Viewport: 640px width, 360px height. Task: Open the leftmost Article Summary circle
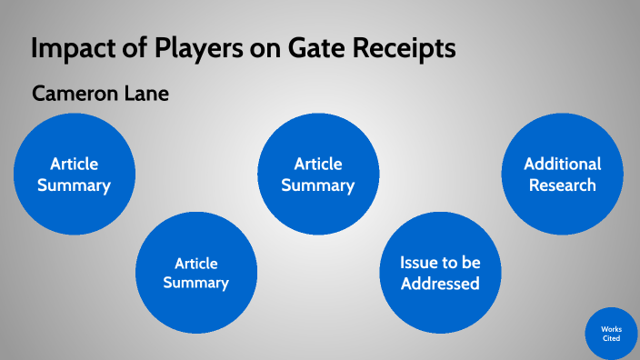[75, 175]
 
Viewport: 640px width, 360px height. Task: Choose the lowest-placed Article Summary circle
[195, 273]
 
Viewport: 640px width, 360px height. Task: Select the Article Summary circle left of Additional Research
[317, 175]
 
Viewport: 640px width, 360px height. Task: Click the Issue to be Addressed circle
[440, 273]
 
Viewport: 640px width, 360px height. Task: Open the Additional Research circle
[562, 175]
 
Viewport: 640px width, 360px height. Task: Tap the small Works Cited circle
[611, 333]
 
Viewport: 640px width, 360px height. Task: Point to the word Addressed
[440, 284]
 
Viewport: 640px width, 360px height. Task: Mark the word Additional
[562, 164]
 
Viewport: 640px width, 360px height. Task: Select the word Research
[562, 185]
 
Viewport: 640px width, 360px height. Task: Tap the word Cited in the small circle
[611, 338]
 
